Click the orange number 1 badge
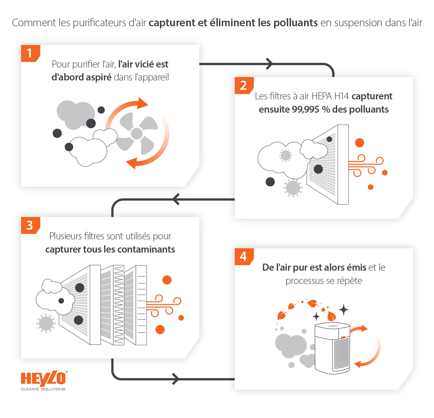(x=30, y=53)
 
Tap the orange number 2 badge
(x=244, y=85)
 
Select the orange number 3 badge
(x=30, y=225)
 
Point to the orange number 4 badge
(x=244, y=257)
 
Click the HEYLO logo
(x=44, y=380)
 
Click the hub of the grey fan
(x=137, y=134)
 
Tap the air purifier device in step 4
(x=333, y=349)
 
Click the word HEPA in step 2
(x=321, y=96)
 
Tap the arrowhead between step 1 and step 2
(x=270, y=64)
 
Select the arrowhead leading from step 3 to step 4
(x=175, y=379)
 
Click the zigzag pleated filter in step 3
(x=119, y=305)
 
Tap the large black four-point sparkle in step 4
(x=344, y=310)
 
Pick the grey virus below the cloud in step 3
(x=46, y=323)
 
